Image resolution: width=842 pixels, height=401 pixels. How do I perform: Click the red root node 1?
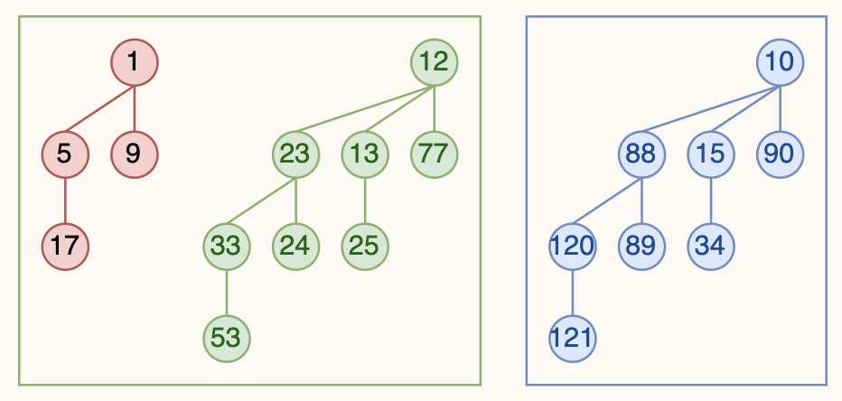[x=135, y=62]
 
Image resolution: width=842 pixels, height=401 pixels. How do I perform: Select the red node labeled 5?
[x=65, y=154]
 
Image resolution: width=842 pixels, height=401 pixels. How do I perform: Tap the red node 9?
[x=135, y=154]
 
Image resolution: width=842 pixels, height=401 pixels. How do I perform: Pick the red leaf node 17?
[x=65, y=247]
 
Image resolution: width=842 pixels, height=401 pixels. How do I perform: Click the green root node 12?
[x=434, y=62]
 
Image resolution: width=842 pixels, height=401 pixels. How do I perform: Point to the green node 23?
[x=295, y=154]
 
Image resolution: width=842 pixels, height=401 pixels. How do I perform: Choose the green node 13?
[x=365, y=154]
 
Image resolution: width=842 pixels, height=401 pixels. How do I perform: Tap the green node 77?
[x=434, y=154]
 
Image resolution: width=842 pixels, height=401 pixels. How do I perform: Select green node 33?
[x=226, y=247]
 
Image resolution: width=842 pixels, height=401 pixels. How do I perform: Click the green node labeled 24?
[x=295, y=247]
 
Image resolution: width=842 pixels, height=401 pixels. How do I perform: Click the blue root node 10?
[x=780, y=62]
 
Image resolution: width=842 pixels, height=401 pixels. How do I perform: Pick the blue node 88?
[x=641, y=154]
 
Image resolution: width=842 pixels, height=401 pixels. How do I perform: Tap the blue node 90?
[x=780, y=154]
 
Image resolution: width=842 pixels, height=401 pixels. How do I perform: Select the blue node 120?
[x=572, y=247]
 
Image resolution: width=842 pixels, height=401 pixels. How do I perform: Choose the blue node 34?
[x=710, y=247]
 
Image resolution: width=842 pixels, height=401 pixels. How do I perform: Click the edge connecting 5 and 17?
[x=65, y=200]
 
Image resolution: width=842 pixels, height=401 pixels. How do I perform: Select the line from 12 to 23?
[x=365, y=108]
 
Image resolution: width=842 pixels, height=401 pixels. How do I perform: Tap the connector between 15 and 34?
[x=710, y=200]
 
